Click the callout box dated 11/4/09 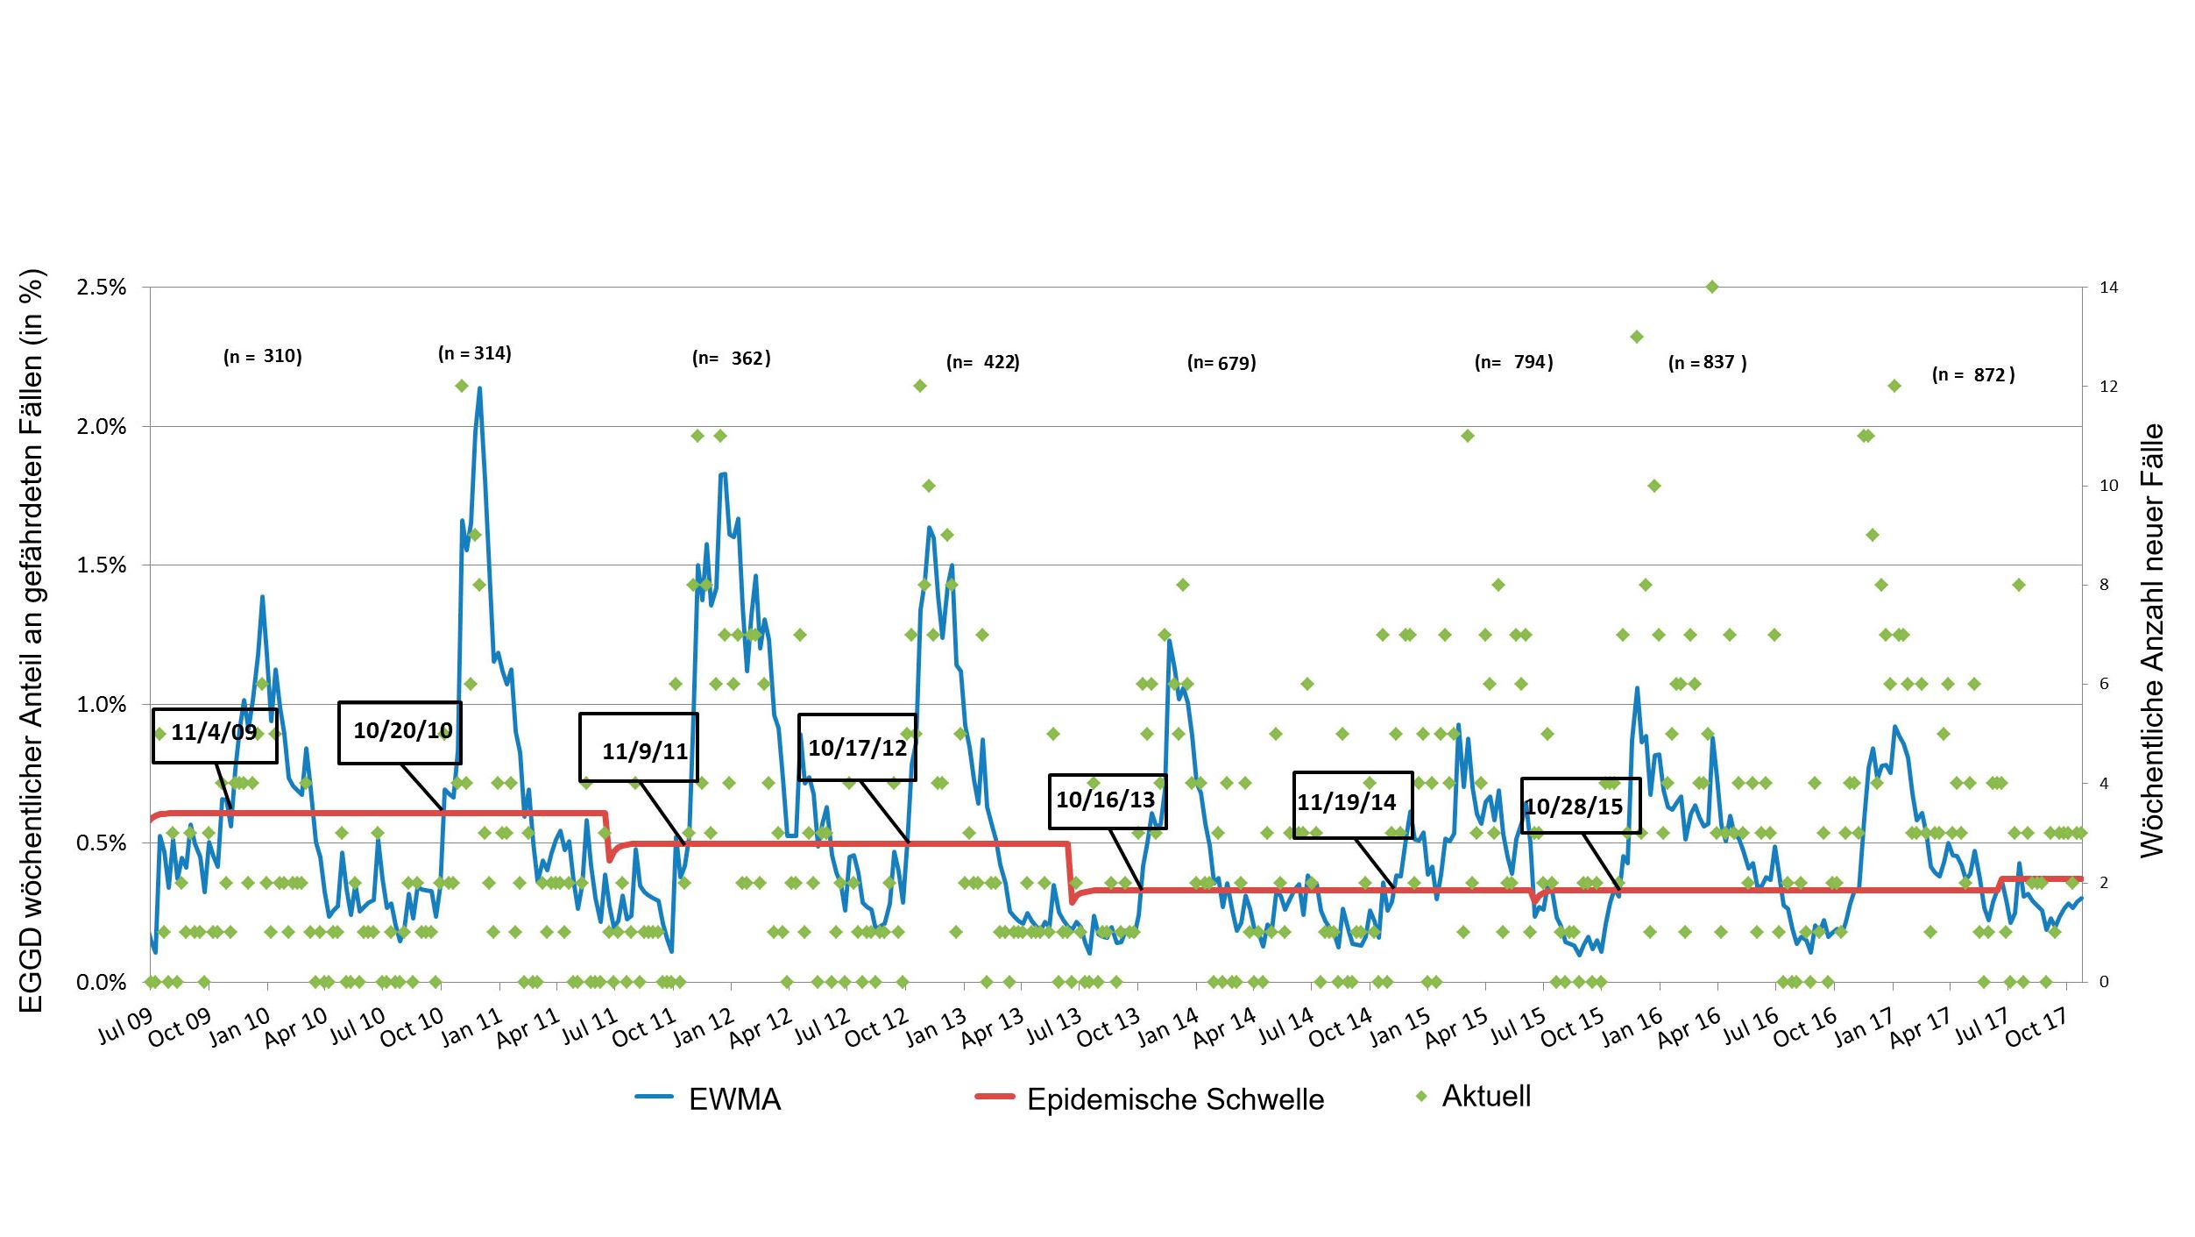[215, 736]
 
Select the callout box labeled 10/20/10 [400, 732]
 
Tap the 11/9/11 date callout [639, 747]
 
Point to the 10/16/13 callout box [1108, 800]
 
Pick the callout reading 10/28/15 [1580, 806]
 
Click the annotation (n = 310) [263, 356]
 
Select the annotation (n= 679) [1221, 363]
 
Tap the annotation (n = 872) [1973, 375]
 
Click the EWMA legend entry [709, 1099]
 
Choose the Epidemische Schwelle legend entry [1150, 1099]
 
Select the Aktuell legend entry [1474, 1096]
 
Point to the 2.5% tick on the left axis [102, 288]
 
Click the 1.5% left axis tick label [102, 565]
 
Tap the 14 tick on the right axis [2108, 288]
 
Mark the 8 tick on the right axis [2104, 585]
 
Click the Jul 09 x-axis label [124, 1027]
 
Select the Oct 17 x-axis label [2036, 1027]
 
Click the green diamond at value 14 [1712, 287]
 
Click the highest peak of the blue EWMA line [479, 387]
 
